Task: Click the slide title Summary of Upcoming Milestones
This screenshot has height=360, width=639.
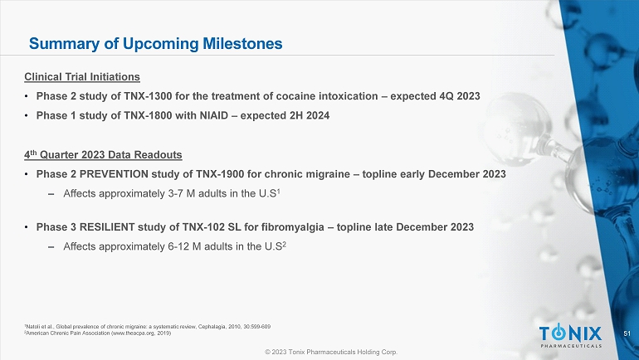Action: [x=155, y=42]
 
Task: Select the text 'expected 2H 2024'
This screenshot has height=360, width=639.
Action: [x=285, y=116]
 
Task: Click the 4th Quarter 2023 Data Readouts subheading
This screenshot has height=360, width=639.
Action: [x=103, y=155]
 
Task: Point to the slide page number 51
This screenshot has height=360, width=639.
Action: [x=626, y=333]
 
